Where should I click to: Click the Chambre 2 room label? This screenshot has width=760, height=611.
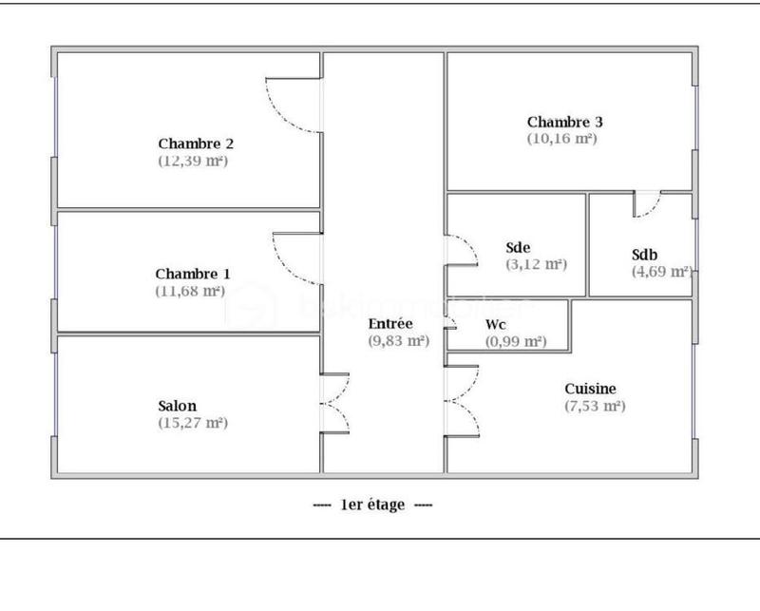point(196,143)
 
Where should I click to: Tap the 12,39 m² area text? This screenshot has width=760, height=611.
point(193,161)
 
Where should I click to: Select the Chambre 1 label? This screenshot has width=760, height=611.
point(193,274)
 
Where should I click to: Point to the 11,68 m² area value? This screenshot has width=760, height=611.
point(190,291)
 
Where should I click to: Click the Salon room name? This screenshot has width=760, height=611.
point(178,406)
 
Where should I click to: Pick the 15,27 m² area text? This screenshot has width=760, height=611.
point(193,423)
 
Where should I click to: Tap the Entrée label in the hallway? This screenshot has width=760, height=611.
point(390,323)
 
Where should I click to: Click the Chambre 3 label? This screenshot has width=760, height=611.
point(565,122)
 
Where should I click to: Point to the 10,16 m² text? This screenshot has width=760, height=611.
point(561,138)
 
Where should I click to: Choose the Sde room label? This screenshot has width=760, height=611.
point(518,248)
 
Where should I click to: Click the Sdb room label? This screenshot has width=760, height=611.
point(645,255)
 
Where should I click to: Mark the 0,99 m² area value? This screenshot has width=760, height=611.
point(516,341)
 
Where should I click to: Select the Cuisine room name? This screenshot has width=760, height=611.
point(590,389)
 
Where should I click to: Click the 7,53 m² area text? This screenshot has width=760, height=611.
point(594,406)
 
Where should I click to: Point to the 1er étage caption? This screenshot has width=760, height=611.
point(372,505)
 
